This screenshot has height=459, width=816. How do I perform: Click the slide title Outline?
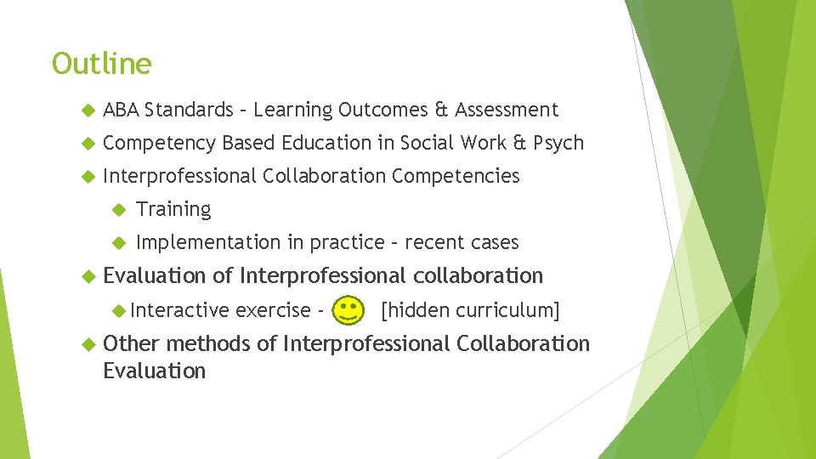point(101,64)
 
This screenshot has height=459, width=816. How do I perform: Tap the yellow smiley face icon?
point(346,311)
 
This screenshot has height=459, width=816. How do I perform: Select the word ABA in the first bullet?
point(121,110)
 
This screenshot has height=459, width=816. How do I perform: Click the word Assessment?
point(507,110)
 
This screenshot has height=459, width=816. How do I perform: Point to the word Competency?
point(159,143)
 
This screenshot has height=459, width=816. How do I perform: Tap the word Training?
point(173,209)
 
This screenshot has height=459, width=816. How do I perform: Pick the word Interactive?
point(179,310)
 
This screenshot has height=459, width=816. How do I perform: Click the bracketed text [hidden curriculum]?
point(470,310)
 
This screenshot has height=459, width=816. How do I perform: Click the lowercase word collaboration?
point(478,275)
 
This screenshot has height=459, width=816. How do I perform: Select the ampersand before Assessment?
point(441,110)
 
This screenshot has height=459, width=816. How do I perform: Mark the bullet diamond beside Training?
point(118,209)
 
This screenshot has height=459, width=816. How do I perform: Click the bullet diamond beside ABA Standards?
point(85,110)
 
